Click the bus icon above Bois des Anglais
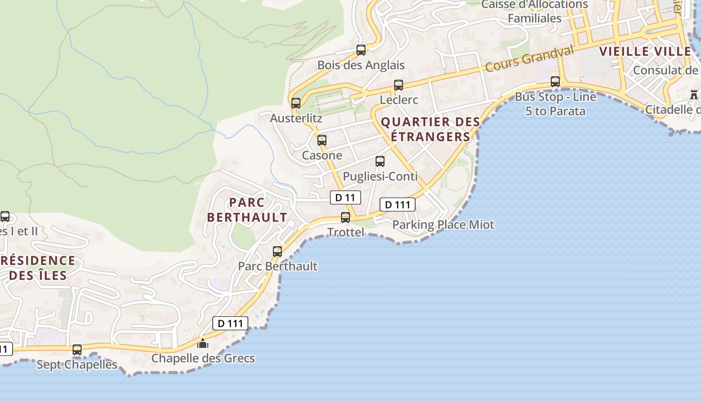(x=361, y=50)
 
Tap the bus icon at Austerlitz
(x=296, y=103)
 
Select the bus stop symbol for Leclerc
(x=399, y=85)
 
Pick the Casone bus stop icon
(x=322, y=140)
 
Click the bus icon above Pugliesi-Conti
(x=380, y=161)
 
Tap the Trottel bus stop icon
(x=345, y=218)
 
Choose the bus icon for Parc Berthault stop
(x=277, y=252)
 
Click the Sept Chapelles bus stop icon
(x=77, y=350)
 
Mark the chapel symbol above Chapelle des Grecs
(x=203, y=343)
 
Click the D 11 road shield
(x=345, y=197)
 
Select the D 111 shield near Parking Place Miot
(x=398, y=205)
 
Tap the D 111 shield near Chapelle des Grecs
(x=230, y=323)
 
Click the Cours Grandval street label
(x=530, y=59)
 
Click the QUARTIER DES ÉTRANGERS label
(x=431, y=129)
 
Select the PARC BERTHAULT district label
(x=247, y=210)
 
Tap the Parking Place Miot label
(x=443, y=225)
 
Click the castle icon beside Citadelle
(x=694, y=94)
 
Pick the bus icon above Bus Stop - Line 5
(x=555, y=82)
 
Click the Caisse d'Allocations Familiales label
(x=535, y=11)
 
